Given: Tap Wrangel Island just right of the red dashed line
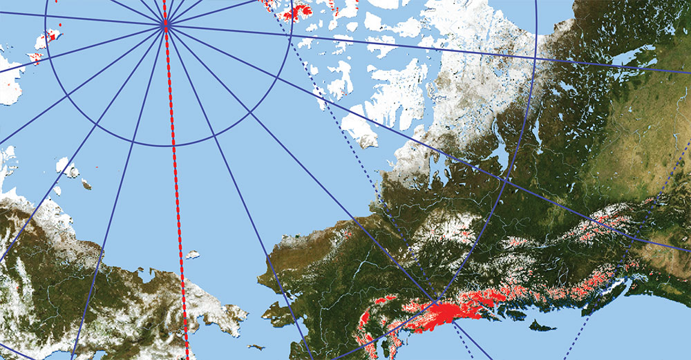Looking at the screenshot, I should pos(192,255).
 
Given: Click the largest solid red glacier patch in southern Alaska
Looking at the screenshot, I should pos(442,314).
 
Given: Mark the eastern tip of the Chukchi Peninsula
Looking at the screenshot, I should pos(244,317).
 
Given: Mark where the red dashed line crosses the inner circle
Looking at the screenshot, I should pos(173,146).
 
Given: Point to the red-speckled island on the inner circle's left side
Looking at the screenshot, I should pos(48,40).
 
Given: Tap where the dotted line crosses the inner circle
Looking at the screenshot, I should pos(285,41).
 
